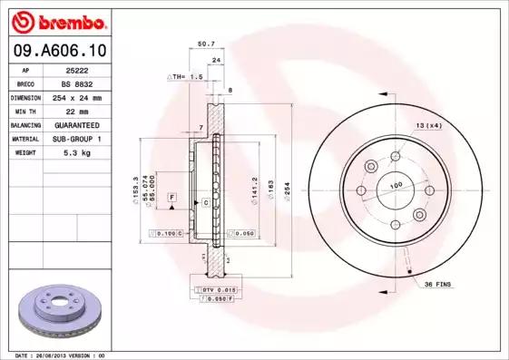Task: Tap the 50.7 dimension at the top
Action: coord(206,43)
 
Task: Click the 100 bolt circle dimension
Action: coord(396,185)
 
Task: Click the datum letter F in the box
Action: coord(171,197)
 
